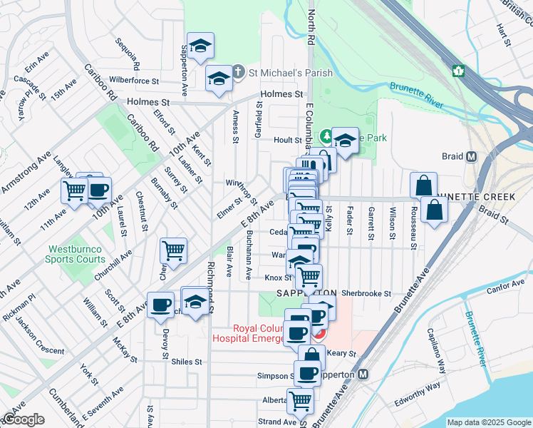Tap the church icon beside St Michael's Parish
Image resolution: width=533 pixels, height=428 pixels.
pyautogui.click(x=239, y=72)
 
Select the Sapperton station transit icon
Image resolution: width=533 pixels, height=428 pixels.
pyautogui.click(x=363, y=374)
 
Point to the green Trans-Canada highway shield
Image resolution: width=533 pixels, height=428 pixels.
pyautogui.click(x=458, y=71)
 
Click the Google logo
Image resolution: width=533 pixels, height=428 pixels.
pyautogui.click(x=24, y=419)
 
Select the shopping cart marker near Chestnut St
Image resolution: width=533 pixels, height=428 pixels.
pyautogui.click(x=174, y=250)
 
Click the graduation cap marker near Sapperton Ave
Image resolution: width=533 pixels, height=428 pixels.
pyautogui.click(x=201, y=45)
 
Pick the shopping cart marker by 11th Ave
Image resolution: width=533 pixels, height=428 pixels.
pyautogui.click(x=74, y=190)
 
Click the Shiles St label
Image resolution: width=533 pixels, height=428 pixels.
pyautogui.click(x=187, y=362)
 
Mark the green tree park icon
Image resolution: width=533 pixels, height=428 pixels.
pyautogui.click(x=326, y=136)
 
